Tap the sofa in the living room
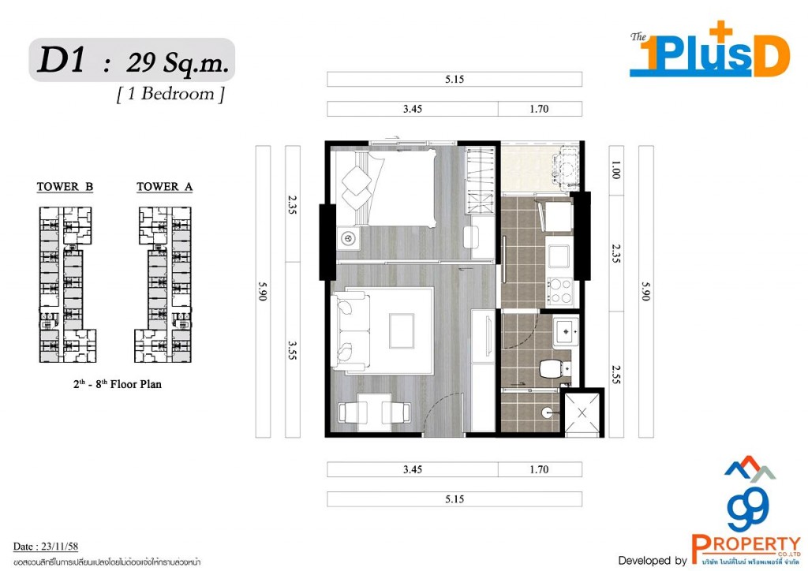click(x=351, y=331)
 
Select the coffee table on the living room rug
click(x=401, y=329)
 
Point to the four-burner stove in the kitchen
click(x=559, y=290)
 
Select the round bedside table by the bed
click(x=346, y=237)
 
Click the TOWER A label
click(x=164, y=187)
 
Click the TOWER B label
click(x=65, y=187)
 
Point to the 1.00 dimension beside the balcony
click(x=616, y=169)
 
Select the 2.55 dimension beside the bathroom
click(x=616, y=375)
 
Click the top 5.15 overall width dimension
click(x=454, y=80)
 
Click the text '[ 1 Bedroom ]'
click(x=170, y=94)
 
